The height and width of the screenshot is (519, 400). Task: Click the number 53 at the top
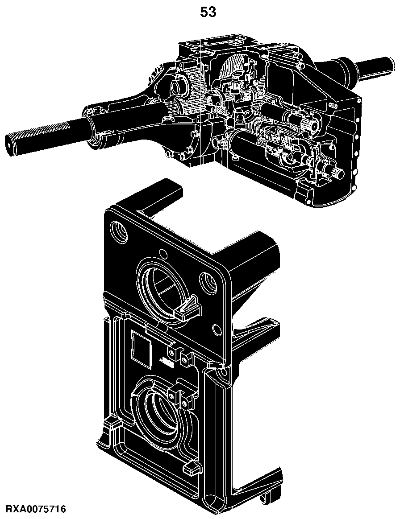[x=208, y=12]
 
